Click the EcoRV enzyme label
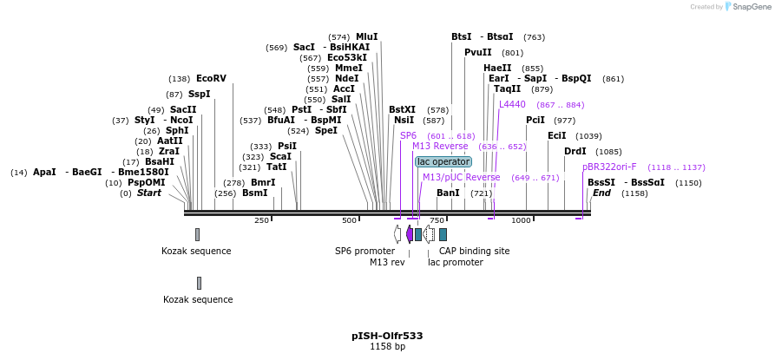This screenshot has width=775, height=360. point(211,78)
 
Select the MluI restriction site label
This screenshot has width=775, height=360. point(366,36)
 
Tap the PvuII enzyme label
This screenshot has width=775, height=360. point(478,52)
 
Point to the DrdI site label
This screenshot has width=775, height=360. point(575,151)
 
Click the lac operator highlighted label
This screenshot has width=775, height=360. point(443,161)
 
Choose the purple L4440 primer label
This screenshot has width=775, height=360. point(512,104)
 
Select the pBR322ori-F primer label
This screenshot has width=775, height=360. point(609,167)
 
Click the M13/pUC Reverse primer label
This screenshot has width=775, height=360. point(461,177)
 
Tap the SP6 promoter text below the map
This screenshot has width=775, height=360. point(365,251)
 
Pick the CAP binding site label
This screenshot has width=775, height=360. point(474,251)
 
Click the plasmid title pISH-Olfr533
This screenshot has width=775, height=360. point(387,336)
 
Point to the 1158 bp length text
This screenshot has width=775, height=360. point(387,347)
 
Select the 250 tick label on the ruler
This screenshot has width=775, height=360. point(261,220)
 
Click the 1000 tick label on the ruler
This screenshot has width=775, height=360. point(521,220)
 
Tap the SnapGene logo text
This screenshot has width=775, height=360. point(751,7)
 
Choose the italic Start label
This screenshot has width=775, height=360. point(148,193)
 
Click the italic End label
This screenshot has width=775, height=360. point(601,193)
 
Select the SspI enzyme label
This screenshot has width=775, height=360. point(199,94)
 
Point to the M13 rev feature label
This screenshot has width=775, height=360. point(387,262)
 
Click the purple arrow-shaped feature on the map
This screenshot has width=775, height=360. point(410,234)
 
